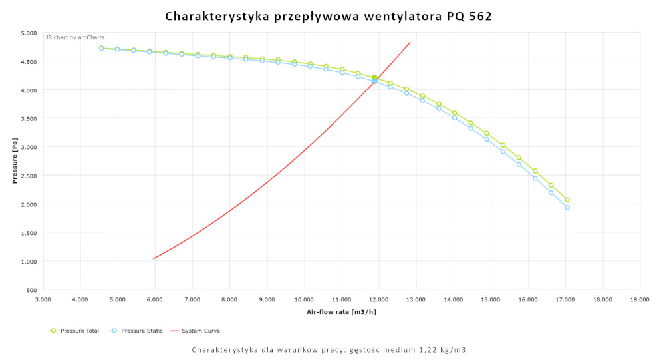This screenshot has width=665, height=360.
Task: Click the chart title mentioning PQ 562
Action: (329, 16)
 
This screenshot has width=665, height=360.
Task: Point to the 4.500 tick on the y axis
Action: (27, 61)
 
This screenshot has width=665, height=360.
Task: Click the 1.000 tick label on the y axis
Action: (27, 262)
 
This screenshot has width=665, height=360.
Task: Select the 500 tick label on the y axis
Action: (31, 290)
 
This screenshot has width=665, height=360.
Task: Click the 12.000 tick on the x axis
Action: (378, 300)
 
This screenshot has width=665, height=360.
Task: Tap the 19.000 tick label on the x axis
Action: (640, 300)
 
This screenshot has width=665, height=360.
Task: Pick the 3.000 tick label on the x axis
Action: (43, 300)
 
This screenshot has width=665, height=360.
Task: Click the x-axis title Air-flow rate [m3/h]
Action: (340, 311)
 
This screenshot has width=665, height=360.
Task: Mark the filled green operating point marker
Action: (374, 79)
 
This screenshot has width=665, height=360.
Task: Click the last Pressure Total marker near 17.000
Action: (567, 200)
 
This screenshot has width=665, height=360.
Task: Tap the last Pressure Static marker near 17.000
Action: (567, 208)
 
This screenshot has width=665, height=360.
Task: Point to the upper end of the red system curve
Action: (410, 43)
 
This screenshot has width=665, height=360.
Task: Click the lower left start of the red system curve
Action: (154, 258)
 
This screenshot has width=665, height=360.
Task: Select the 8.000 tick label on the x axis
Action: (229, 300)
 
